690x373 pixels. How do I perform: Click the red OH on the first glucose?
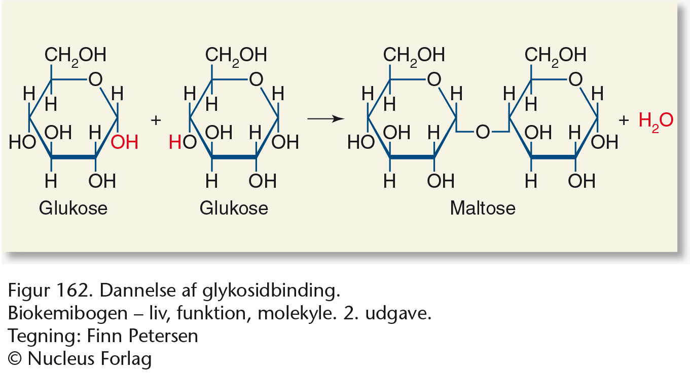tap(124, 142)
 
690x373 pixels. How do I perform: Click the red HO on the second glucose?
tap(183, 142)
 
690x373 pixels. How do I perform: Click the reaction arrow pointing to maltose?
tap(325, 118)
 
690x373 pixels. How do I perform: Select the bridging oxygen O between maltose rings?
tap(482, 132)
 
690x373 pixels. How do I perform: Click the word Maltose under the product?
tap(483, 208)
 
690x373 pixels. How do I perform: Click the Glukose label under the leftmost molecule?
tap(73, 208)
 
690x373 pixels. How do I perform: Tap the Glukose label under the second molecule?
tap(234, 208)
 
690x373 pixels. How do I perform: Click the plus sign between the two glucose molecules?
tap(156, 120)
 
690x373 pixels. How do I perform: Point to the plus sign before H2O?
tap(624, 120)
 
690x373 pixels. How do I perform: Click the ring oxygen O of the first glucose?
tap(95, 79)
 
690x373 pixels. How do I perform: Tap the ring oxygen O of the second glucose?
tap(256, 79)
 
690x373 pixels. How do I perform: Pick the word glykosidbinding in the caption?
tap(271, 291)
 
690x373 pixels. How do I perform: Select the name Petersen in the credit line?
tap(163, 336)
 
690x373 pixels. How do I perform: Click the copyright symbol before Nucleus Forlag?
tap(15, 359)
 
